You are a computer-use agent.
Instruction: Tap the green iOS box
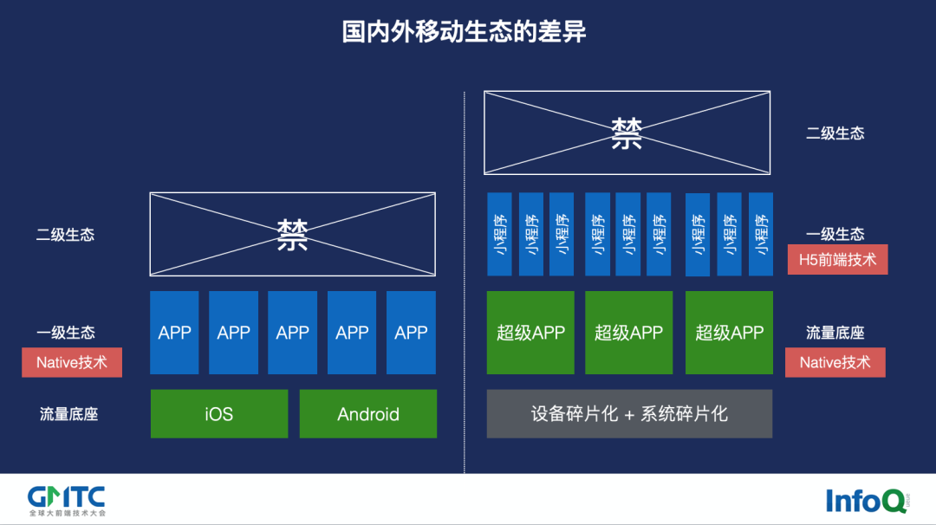(x=219, y=414)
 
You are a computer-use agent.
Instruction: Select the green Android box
(x=368, y=414)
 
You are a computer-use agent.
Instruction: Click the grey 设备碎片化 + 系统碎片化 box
(x=629, y=414)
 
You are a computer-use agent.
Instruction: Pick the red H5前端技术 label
(x=837, y=259)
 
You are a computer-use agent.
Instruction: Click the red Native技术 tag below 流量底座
(x=835, y=362)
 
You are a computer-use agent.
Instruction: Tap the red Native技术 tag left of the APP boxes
(x=72, y=362)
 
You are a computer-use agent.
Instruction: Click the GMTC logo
(x=66, y=500)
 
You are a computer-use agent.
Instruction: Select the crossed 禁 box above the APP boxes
(x=293, y=235)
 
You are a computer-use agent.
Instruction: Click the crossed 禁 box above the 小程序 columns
(x=627, y=133)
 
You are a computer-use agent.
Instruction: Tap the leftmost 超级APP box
(x=530, y=333)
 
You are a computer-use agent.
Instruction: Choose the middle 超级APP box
(x=629, y=333)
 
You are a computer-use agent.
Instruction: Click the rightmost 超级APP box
(x=729, y=333)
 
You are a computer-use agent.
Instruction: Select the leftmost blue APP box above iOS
(x=174, y=333)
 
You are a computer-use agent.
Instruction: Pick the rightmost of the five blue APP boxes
(x=411, y=333)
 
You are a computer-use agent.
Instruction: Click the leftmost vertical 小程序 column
(x=500, y=234)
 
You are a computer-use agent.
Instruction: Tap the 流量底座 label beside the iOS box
(x=69, y=414)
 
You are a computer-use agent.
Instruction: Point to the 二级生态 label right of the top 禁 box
(x=835, y=133)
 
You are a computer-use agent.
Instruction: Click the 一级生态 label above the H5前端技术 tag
(x=835, y=234)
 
